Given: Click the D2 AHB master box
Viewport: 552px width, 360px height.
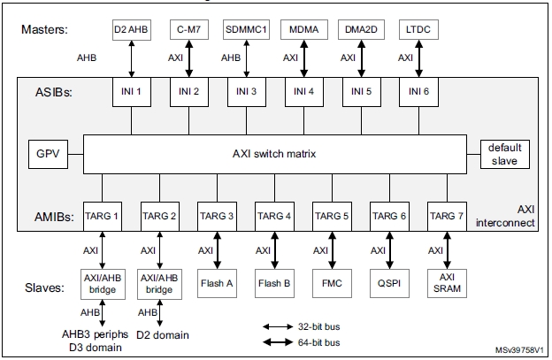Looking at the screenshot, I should pyautogui.click(x=132, y=28).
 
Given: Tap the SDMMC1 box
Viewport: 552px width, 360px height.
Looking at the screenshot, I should pyautogui.click(x=246, y=28).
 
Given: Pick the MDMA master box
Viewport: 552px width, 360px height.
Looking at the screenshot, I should pyautogui.click(x=303, y=28).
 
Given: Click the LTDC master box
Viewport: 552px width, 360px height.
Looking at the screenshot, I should pyautogui.click(x=418, y=28).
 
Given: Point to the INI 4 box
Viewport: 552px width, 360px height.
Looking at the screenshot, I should pyautogui.click(x=303, y=91).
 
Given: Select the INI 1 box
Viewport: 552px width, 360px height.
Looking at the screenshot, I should pyautogui.click(x=132, y=91).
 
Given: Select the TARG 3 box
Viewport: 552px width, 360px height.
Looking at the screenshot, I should pyautogui.click(x=217, y=215).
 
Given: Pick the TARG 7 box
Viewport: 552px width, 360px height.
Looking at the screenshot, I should pyautogui.click(x=446, y=215).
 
